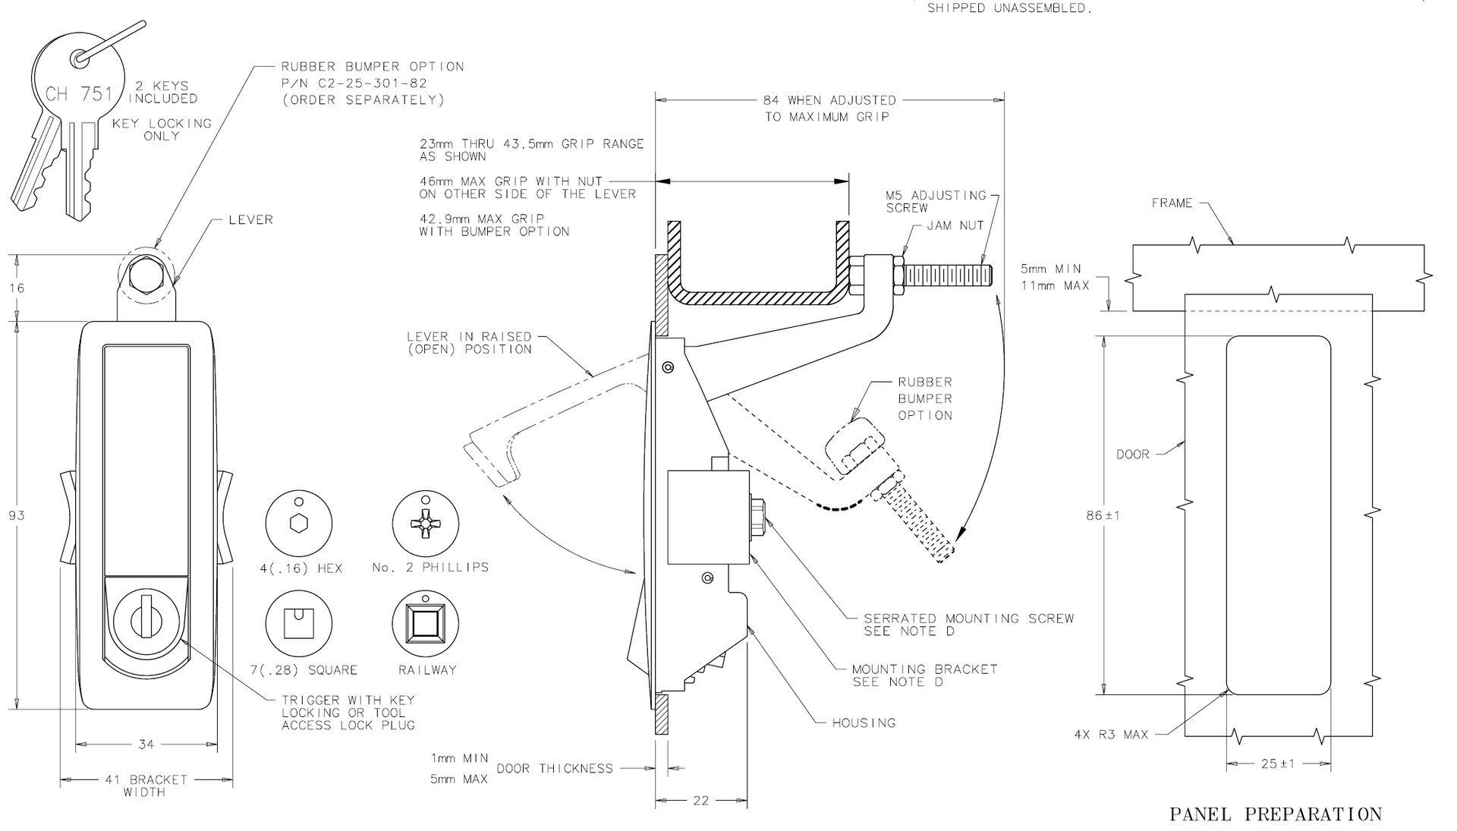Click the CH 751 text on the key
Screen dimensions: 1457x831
[79, 94]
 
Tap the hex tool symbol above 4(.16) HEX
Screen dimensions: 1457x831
[299, 524]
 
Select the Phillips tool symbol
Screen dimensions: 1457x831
[426, 524]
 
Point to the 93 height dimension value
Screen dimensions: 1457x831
[17, 515]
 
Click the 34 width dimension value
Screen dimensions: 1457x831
[146, 744]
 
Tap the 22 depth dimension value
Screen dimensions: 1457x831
[701, 801]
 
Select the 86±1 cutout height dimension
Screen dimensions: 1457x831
[1103, 515]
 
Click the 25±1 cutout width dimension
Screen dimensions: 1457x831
[1279, 763]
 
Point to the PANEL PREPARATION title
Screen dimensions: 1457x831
[1276, 814]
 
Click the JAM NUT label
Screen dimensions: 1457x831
[955, 225]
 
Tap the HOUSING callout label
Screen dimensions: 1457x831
[864, 722]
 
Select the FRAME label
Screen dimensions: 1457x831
[1172, 203]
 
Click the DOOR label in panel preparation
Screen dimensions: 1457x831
[1132, 455]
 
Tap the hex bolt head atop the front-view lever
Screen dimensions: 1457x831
[146, 273]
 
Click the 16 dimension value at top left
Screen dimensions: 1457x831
[17, 288]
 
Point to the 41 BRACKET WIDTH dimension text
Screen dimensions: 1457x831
[146, 785]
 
